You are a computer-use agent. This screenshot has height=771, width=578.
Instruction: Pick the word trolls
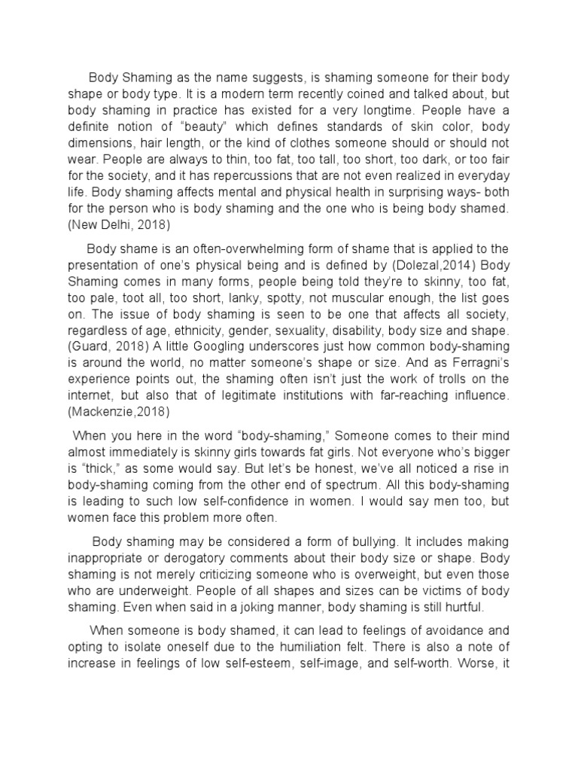pyautogui.click(x=437, y=379)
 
